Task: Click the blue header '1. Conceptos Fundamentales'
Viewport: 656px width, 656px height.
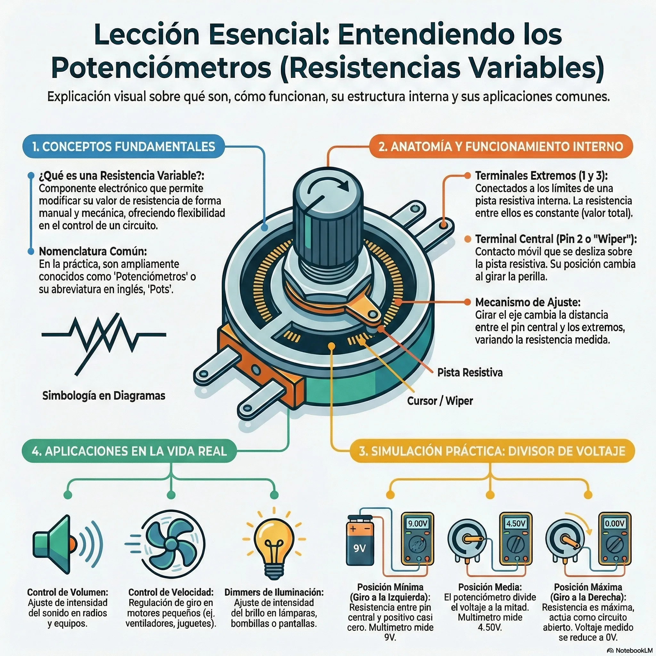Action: (x=123, y=146)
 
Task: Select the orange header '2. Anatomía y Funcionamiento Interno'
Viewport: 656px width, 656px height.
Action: (x=501, y=146)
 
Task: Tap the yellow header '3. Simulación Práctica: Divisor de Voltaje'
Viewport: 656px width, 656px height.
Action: (x=492, y=451)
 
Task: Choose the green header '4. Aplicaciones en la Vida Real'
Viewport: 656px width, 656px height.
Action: (x=129, y=451)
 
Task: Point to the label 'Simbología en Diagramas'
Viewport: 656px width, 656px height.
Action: (x=103, y=396)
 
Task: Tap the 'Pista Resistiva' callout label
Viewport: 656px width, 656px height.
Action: (x=470, y=373)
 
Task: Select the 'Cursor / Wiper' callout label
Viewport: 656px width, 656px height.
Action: (x=440, y=401)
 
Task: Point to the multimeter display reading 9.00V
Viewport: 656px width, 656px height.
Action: (x=418, y=523)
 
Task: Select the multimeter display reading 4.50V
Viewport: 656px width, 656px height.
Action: (x=516, y=523)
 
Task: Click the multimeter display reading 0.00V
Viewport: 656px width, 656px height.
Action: (x=615, y=523)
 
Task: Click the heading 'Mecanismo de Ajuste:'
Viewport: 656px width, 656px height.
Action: (x=528, y=302)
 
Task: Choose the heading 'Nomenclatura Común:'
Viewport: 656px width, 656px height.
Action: (x=93, y=251)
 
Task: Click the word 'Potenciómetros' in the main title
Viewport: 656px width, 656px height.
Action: (x=161, y=68)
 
